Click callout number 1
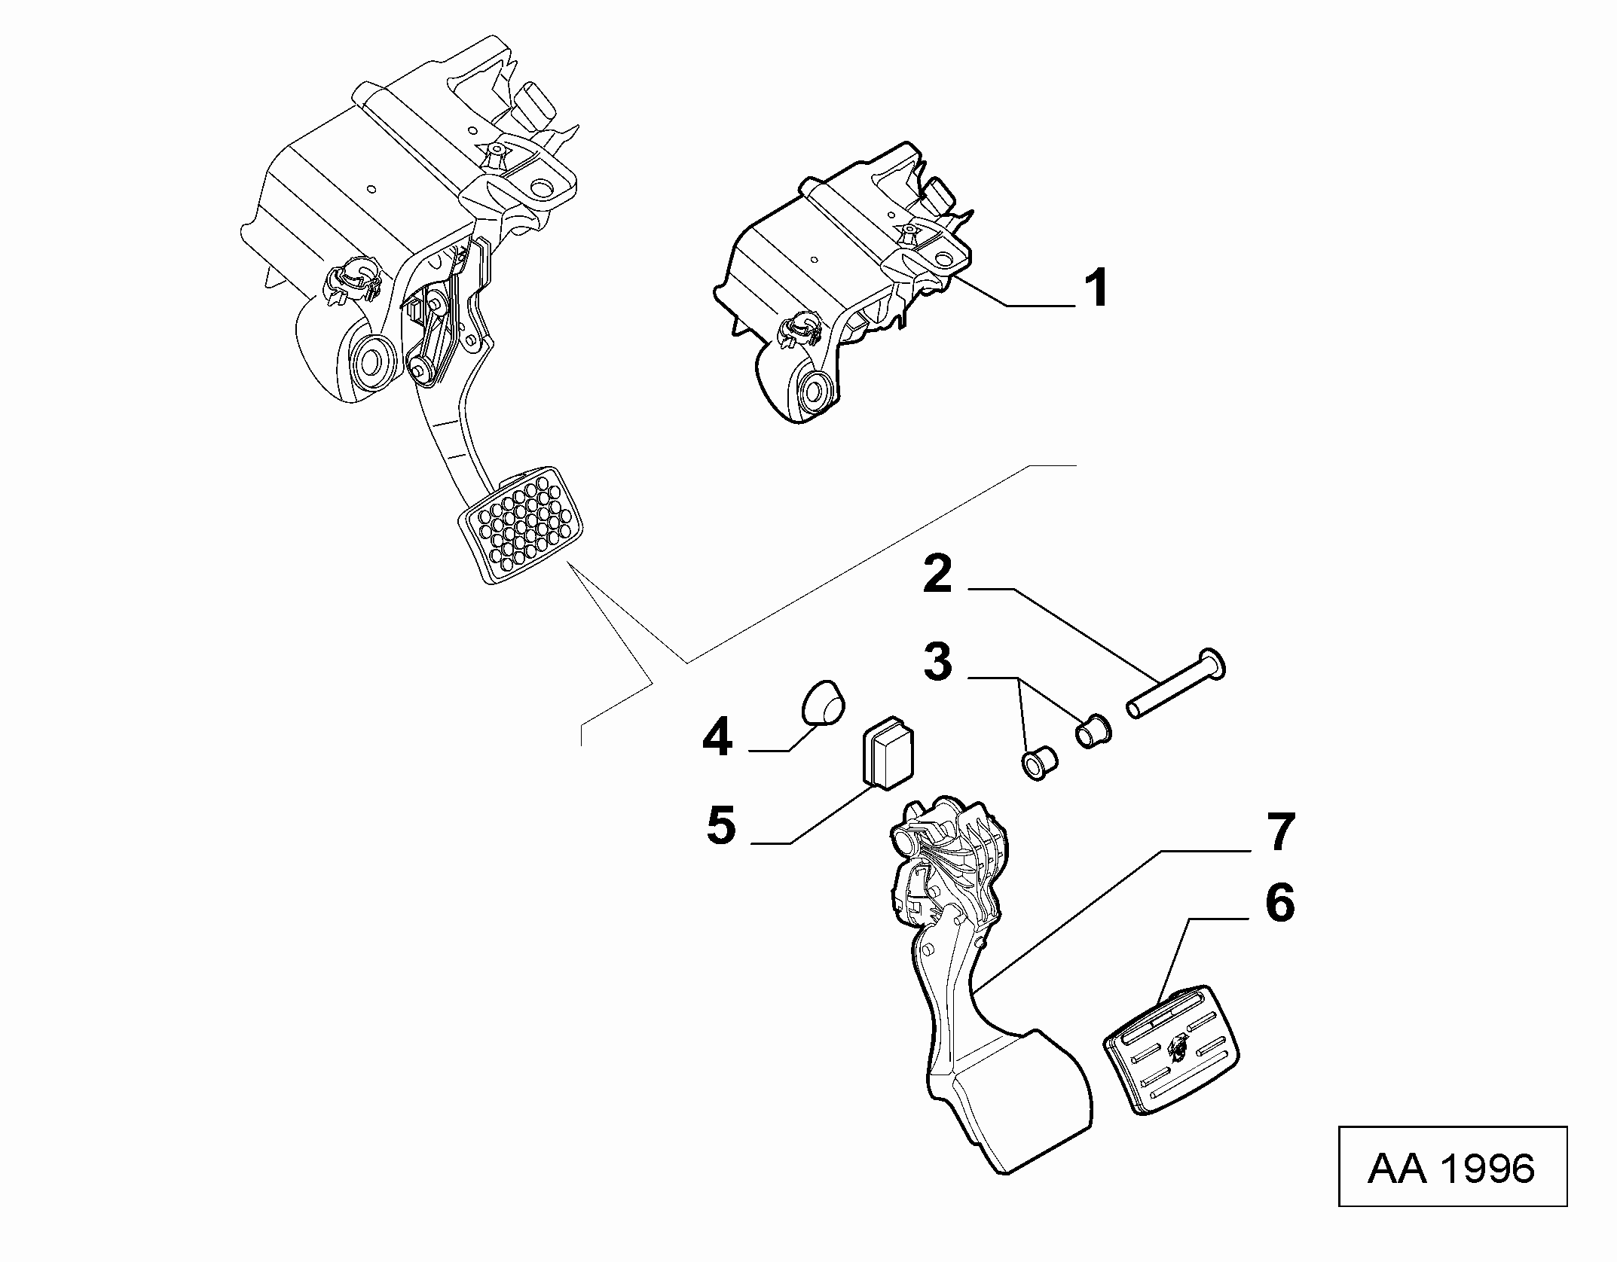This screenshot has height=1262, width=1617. [x=1096, y=288]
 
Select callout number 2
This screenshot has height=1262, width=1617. [x=938, y=576]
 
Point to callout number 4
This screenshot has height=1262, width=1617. [x=717, y=737]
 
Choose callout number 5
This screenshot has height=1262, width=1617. [x=721, y=825]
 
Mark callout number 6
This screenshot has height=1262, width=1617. [x=1279, y=904]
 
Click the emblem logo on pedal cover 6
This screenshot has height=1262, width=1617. [x=1177, y=1044]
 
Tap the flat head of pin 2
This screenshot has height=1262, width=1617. [x=1212, y=663]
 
